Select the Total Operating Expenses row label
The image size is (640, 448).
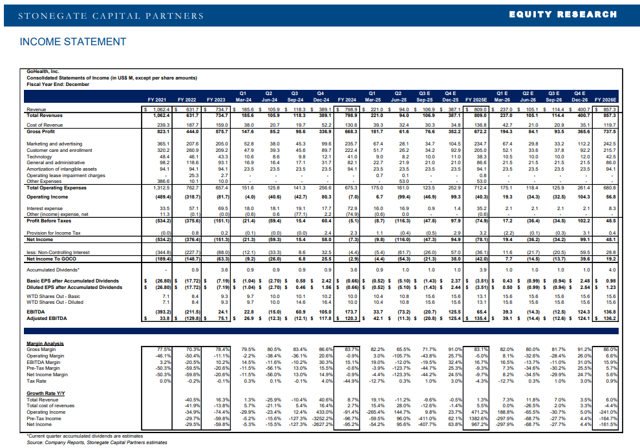56,187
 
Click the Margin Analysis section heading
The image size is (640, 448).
45,343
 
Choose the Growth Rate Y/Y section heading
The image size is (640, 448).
46,392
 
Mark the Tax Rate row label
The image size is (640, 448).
37,381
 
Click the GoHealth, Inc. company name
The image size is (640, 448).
43,72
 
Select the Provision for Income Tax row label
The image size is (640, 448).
54,232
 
